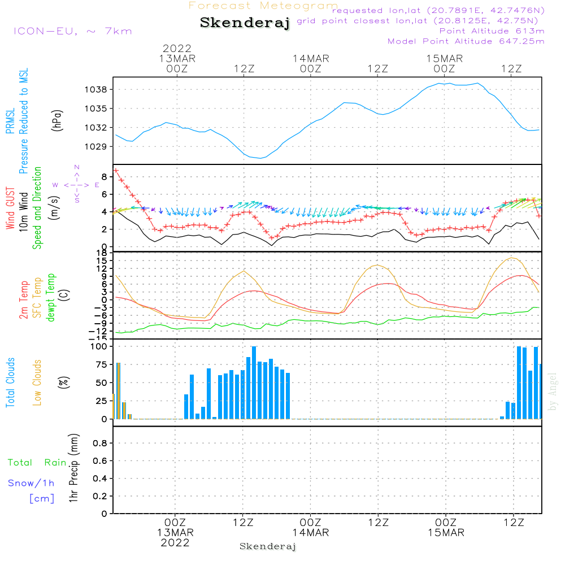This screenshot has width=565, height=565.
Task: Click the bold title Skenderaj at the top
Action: pos(245,23)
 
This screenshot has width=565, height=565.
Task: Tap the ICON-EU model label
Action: pos(72,31)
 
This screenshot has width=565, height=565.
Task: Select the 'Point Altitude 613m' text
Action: pos(492,31)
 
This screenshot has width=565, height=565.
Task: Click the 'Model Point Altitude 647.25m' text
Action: pos(466,41)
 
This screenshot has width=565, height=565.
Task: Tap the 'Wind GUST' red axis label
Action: pos(10,208)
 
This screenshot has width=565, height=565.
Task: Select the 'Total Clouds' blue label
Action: pos(10,382)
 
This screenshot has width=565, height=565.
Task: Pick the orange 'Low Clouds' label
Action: pos(37,382)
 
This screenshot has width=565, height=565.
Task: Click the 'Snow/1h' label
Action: pos(31,483)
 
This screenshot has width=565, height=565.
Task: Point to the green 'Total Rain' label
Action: pos(37,463)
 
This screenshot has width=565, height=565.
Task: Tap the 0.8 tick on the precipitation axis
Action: pos(99,443)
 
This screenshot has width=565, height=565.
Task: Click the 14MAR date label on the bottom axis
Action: pos(310,533)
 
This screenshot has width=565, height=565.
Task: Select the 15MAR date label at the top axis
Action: pos(445,59)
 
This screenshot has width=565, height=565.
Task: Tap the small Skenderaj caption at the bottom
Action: pos(268,546)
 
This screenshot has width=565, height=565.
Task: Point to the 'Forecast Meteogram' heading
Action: pos(263,6)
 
